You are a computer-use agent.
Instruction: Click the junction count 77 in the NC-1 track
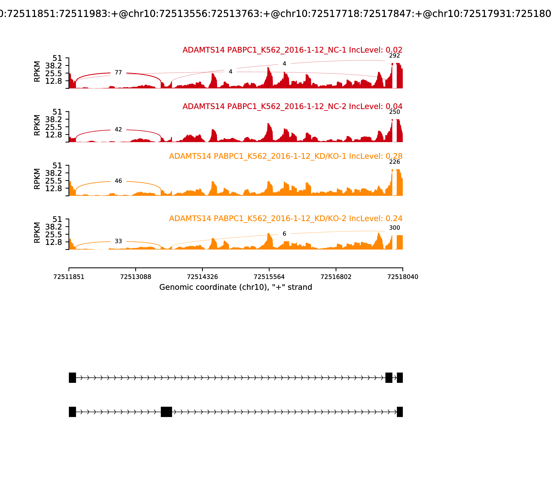tap(118, 73)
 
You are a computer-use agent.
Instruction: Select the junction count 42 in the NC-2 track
tap(118, 130)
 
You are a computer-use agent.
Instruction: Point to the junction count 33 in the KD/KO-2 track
tap(118, 241)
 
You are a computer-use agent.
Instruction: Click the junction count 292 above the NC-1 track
tap(394, 56)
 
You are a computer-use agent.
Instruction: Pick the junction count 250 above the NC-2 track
tap(394, 112)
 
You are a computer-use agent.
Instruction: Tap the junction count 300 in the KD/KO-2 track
tap(394, 228)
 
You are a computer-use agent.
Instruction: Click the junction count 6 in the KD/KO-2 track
tap(284, 234)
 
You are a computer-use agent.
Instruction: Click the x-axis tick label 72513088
tap(136, 277)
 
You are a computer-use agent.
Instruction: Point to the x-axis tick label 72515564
tap(269, 277)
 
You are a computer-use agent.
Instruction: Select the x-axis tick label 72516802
tap(336, 277)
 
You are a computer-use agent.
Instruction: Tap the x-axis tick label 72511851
tap(69, 277)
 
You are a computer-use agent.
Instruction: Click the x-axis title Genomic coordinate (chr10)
tap(236, 287)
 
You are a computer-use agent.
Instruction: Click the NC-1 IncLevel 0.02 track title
tap(292, 50)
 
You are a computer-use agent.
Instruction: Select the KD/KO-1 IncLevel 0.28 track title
tap(286, 156)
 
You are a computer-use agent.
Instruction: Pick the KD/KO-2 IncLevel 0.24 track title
tap(286, 218)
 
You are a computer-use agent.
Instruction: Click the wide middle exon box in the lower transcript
tap(166, 412)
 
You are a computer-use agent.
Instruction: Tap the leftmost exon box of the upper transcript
tap(72, 378)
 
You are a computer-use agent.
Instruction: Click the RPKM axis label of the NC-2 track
tap(37, 125)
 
